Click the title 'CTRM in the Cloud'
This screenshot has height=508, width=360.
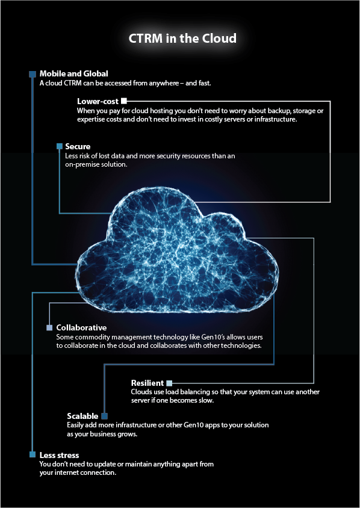pyautogui.click(x=182, y=38)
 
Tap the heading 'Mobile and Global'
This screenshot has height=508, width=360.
pyautogui.click(x=73, y=73)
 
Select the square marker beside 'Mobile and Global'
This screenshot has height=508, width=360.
pyautogui.click(x=33, y=74)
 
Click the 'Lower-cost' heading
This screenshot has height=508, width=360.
pyautogui.click(x=98, y=101)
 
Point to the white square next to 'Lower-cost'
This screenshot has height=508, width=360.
pyautogui.click(x=125, y=101)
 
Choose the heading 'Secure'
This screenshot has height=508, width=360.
pyautogui.click(x=78, y=146)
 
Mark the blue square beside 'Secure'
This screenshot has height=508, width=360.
pyautogui.click(x=59, y=146)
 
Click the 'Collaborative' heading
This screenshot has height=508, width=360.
pyautogui.click(x=81, y=327)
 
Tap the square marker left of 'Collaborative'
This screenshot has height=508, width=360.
pyautogui.click(x=49, y=327)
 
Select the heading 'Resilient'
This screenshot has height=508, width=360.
pyautogui.click(x=147, y=383)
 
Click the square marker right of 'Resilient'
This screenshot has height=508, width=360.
pyautogui.click(x=170, y=383)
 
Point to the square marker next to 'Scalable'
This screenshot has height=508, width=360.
pyautogui.click(x=104, y=416)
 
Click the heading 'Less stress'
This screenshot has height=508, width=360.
pyautogui.click(x=59, y=454)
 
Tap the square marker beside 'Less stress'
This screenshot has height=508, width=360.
pyautogui.click(x=33, y=454)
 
